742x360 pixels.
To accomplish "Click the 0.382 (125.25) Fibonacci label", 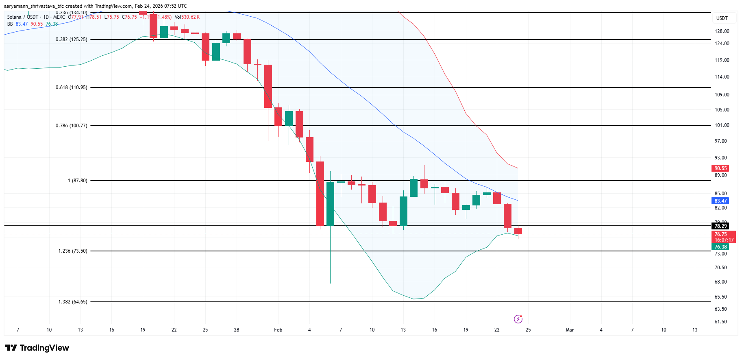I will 71,39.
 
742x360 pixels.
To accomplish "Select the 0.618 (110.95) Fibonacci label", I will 71,87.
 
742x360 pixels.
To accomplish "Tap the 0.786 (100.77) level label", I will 71,126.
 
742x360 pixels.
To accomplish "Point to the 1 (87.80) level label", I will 77,181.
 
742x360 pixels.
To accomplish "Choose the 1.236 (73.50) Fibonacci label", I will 72,251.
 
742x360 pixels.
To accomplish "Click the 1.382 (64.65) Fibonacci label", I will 72,302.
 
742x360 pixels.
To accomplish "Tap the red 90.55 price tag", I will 720,168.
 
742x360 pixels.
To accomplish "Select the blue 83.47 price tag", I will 720,201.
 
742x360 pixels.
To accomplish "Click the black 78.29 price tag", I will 720,226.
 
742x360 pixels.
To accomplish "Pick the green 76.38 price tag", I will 720,247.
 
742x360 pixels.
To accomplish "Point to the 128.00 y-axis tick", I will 722,31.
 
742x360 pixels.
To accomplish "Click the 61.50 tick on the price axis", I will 720,322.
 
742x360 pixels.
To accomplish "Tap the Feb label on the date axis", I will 278,330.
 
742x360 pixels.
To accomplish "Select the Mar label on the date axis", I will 570,330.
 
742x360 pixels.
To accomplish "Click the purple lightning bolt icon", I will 518,319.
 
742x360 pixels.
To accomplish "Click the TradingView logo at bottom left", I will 37,348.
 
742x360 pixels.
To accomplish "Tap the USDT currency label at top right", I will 722,18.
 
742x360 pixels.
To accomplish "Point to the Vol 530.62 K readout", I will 187,17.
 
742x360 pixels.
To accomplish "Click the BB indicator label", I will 10,24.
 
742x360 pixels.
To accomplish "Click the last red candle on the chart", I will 518,231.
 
